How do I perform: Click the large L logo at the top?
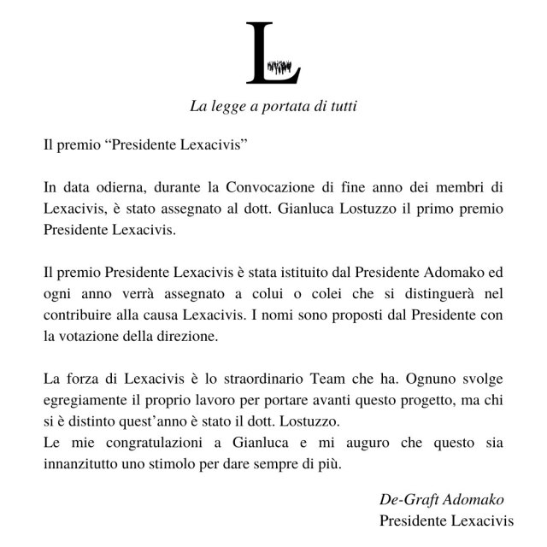tap(273, 53)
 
